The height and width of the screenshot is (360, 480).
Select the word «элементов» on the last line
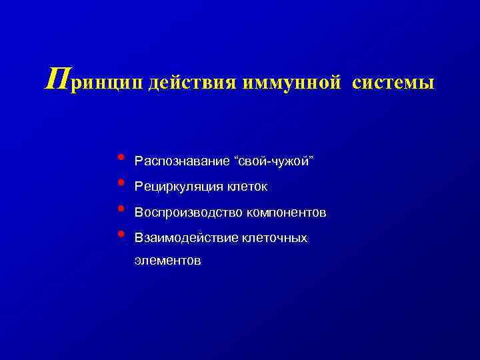coord(167,261)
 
